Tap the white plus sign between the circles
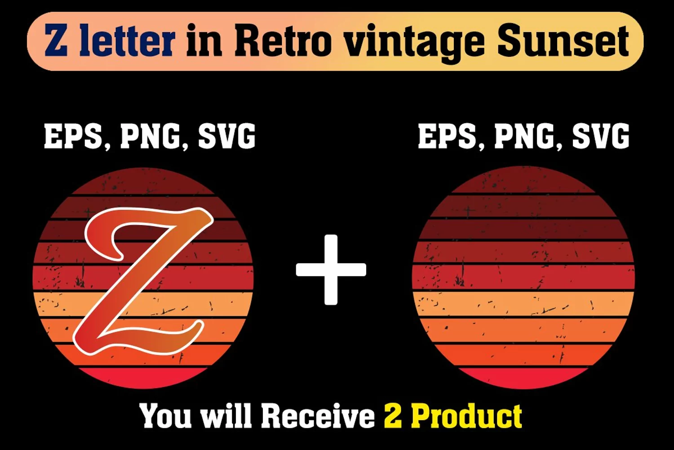(331, 270)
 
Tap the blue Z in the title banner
(56, 40)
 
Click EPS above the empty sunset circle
(450, 137)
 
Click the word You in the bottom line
(165, 416)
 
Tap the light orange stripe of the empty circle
(523, 304)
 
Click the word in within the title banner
(204, 40)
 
